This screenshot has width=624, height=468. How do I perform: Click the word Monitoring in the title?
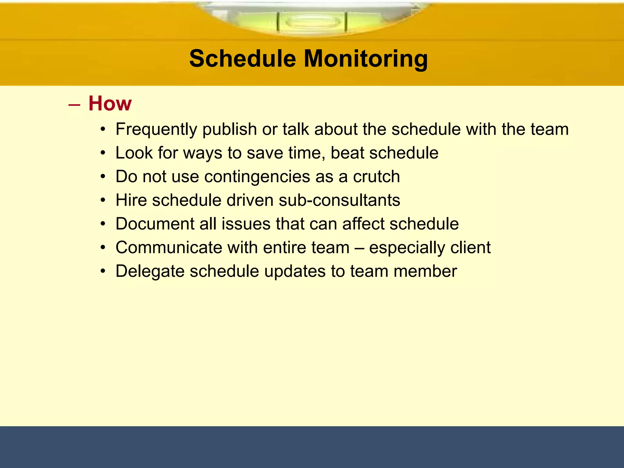366,58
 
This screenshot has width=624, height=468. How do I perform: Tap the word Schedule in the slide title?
243,58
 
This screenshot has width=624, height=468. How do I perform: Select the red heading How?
110,104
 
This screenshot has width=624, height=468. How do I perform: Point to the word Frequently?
156,129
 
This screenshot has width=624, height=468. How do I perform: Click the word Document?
155,224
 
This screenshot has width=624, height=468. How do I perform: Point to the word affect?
363,224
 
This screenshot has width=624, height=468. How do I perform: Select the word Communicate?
168,247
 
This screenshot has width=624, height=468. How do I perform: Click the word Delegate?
150,271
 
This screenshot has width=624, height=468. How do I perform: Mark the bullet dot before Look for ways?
103,153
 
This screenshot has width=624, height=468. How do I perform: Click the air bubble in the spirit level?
312,22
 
